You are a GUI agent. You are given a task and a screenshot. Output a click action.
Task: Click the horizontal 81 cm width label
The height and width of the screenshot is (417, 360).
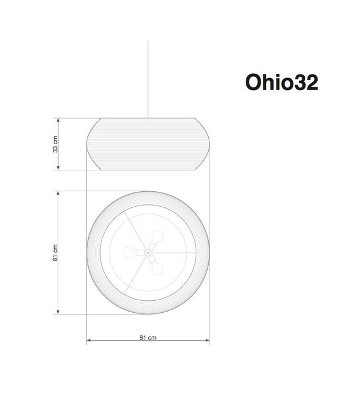[x=148, y=337]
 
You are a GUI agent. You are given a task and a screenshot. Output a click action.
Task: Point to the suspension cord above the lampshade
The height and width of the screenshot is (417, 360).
[x=148, y=77]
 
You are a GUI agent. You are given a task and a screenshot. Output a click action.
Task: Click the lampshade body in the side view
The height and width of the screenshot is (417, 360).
[x=148, y=144]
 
